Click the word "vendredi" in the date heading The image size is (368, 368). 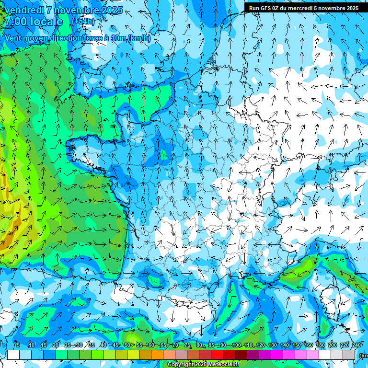coord(22,10)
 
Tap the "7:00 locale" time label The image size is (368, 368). coord(33,22)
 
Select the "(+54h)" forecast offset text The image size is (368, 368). coord(83,21)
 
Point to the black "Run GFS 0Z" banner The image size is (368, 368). coord(303,8)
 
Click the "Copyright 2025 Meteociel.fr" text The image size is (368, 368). coord(203,365)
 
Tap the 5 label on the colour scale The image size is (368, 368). coord(18,345)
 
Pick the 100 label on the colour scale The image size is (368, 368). coord(236,345)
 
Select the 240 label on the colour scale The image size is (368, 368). coord(356,345)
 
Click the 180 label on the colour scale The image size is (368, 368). coord(320,345)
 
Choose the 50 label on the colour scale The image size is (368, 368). coord(127,345)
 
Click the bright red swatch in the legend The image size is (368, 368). coord(217,355)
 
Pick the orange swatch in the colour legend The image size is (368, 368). coord(157,355)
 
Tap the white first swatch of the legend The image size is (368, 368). coord(13,355)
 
